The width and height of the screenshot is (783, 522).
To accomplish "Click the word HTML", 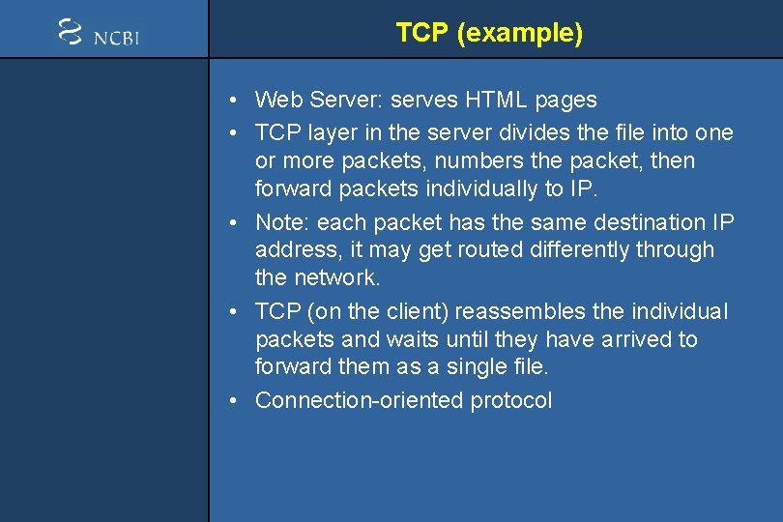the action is [x=491, y=100].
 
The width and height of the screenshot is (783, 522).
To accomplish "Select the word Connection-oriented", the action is [x=360, y=401].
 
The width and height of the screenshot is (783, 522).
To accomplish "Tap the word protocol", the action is [x=511, y=401].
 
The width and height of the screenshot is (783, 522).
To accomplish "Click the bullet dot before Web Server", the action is [x=236, y=101].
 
